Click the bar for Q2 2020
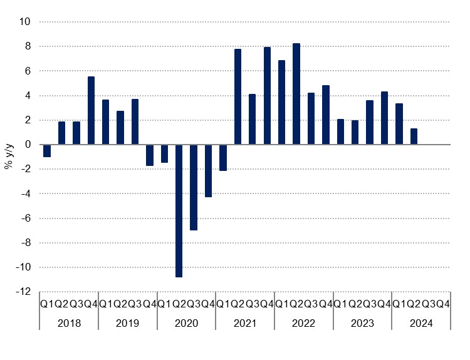tap(179, 210)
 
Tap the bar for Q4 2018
tap(91, 110)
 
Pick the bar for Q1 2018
tap(47, 151)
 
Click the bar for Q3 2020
tap(194, 187)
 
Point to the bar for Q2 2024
tap(414, 136)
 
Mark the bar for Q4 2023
tap(384, 118)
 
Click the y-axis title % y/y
tap(9, 157)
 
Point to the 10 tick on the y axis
tap(26, 22)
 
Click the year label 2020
tap(186, 323)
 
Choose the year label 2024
tap(421, 323)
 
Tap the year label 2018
tap(69, 323)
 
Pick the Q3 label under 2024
tap(428, 304)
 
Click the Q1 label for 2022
tap(282, 304)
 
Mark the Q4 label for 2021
tap(267, 304)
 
